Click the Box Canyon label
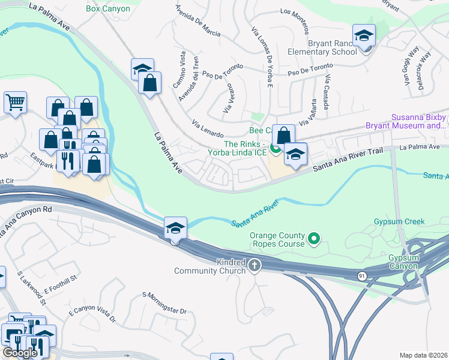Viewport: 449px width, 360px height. pyautogui.click(x=108, y=8)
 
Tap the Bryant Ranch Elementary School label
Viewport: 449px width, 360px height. pyautogui.click(x=332, y=47)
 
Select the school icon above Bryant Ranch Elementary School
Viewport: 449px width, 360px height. pyautogui.click(x=364, y=37)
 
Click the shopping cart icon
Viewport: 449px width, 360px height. pyautogui.click(x=15, y=101)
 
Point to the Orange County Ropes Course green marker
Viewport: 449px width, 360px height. pyautogui.click(x=313, y=240)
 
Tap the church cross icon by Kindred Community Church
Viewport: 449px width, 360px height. pyautogui.click(x=255, y=265)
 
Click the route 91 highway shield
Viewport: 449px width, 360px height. pyautogui.click(x=361, y=275)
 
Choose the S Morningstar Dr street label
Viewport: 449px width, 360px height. pyautogui.click(x=164, y=303)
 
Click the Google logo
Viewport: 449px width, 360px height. pyautogui.click(x=20, y=352)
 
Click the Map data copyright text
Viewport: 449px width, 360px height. pyautogui.click(x=423, y=355)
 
